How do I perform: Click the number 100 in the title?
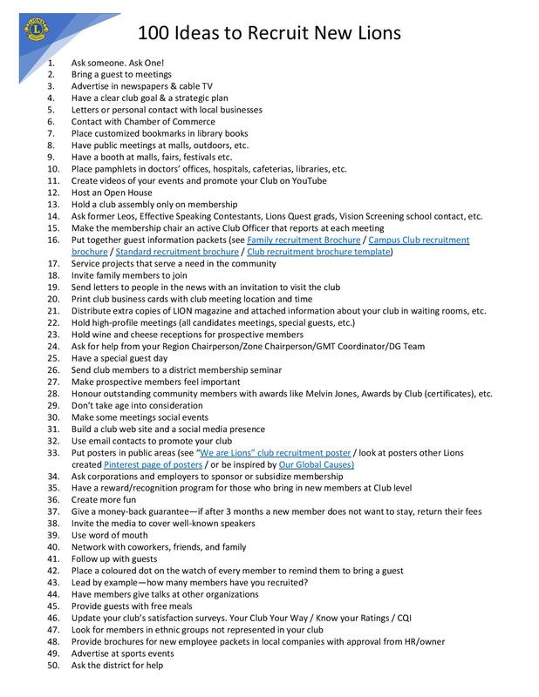pyautogui.click(x=154, y=33)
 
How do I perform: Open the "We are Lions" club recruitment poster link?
pyautogui.click(x=275, y=453)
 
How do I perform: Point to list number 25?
pyautogui.click(x=52, y=358)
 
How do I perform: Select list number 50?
pyautogui.click(x=52, y=666)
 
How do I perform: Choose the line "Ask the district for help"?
pyautogui.click(x=118, y=666)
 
